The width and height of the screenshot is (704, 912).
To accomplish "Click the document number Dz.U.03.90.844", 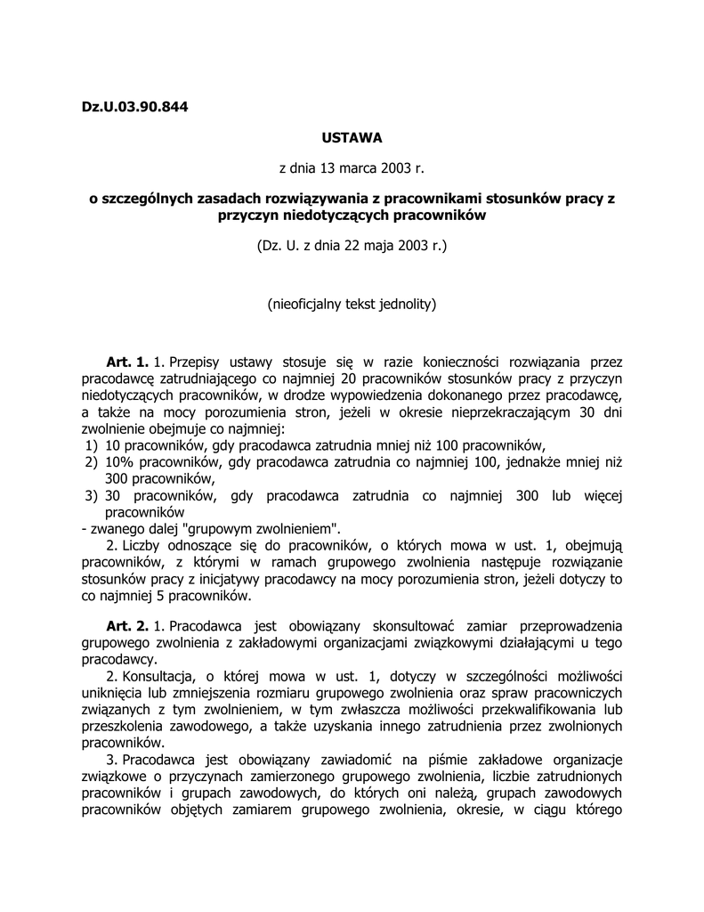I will [135, 107].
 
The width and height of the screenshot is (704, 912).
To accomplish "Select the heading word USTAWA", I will [352, 138].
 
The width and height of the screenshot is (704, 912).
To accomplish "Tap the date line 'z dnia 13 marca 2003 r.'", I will [352, 167].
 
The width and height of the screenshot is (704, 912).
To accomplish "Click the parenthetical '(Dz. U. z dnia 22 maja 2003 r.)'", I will [352, 244].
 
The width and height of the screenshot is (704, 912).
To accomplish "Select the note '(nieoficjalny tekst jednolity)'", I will [352, 304].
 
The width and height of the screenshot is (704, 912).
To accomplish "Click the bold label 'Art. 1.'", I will [126, 362].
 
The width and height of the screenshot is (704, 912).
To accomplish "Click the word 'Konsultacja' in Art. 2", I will [159, 676].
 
